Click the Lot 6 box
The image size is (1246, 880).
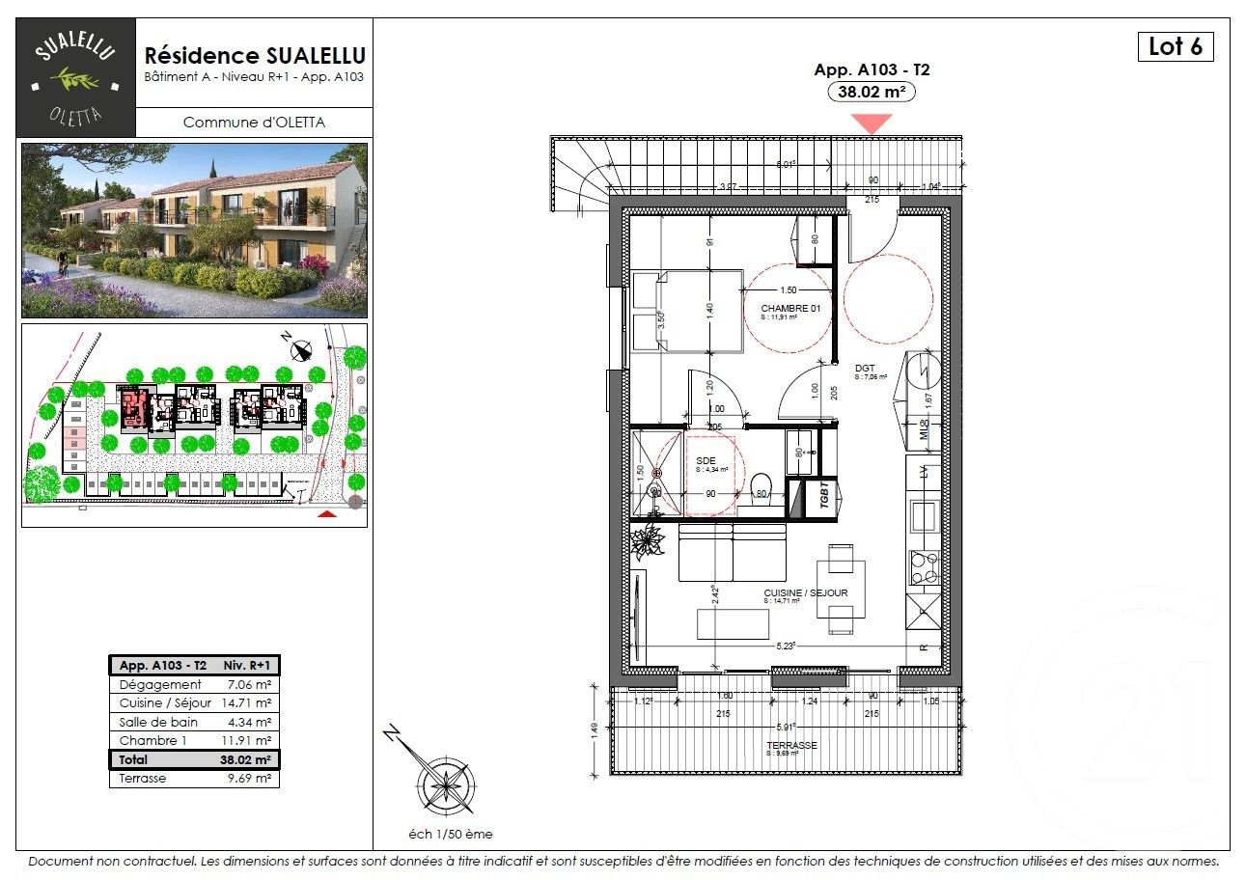[x=1175, y=46]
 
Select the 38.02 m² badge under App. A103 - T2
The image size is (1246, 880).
[x=872, y=92]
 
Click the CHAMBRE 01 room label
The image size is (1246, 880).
[x=789, y=308]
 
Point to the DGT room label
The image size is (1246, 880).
[x=864, y=368]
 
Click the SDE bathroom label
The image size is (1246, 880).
[x=706, y=461]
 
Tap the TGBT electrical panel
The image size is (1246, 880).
[x=825, y=498]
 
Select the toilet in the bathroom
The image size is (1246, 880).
[x=761, y=485]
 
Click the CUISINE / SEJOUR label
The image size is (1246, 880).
[x=805, y=592]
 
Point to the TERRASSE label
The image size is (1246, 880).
[x=790, y=746]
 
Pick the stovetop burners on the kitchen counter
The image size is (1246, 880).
[x=924, y=567]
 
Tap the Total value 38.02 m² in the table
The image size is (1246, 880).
[x=245, y=759]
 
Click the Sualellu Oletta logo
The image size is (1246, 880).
[x=76, y=77]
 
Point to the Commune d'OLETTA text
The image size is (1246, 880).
[x=254, y=123]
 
